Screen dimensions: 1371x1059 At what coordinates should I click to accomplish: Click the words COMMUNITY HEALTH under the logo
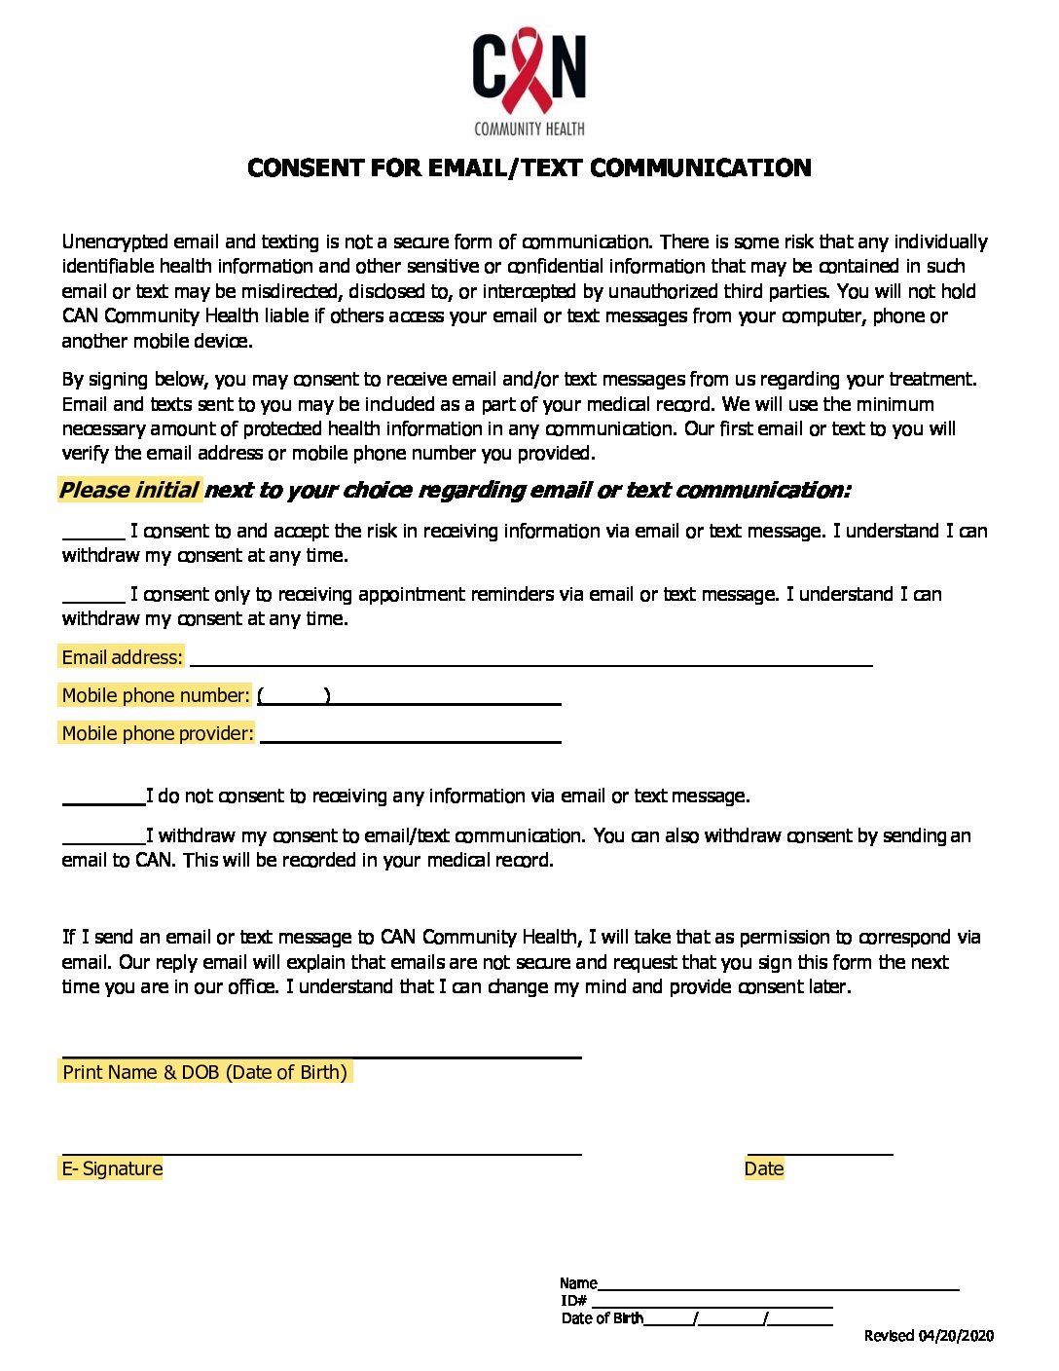point(529,129)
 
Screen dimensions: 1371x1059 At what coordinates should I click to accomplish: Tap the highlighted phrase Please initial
point(129,490)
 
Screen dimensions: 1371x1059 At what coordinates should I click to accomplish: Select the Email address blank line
point(530,659)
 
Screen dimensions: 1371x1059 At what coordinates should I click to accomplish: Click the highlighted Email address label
point(122,658)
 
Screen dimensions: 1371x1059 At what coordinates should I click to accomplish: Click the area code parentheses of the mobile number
point(294,696)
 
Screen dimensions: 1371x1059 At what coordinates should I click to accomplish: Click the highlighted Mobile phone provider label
point(157,733)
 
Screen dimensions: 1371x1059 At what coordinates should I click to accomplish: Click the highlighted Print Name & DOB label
point(204,1072)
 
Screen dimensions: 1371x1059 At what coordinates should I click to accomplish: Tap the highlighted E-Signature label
point(112,1168)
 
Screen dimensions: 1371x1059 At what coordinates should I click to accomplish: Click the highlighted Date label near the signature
point(764,1168)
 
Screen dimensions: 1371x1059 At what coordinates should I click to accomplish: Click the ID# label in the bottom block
point(573,1301)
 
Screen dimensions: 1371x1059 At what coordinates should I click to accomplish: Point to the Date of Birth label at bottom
point(602,1318)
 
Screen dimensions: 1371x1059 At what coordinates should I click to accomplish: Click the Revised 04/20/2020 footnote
point(929,1336)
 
